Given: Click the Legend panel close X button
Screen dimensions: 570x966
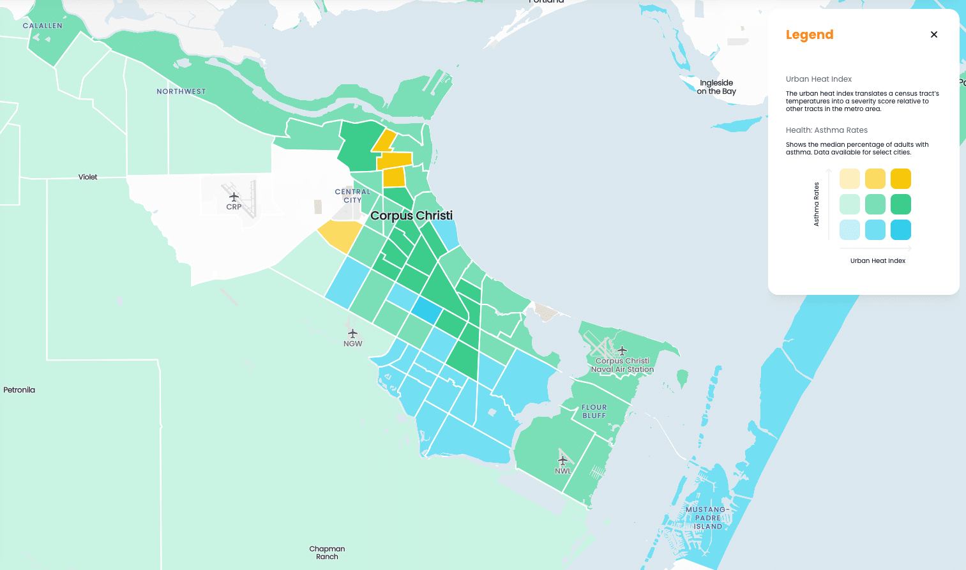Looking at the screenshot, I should [x=934, y=34].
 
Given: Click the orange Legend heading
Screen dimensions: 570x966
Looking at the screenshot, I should [x=809, y=35].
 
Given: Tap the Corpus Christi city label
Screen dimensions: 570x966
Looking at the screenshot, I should [x=411, y=216].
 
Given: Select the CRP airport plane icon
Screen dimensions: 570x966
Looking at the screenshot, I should [x=234, y=197].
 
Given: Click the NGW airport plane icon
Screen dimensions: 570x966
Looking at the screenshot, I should [x=352, y=334].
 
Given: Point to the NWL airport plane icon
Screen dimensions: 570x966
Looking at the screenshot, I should [x=562, y=460].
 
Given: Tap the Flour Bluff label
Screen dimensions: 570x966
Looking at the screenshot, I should [x=594, y=411].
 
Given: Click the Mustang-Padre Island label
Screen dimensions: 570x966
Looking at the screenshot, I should [x=707, y=518].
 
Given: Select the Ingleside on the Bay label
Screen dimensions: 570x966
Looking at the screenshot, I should [x=716, y=87].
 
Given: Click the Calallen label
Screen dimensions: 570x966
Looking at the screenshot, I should [x=43, y=26].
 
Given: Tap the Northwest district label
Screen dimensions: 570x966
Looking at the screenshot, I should [x=181, y=91].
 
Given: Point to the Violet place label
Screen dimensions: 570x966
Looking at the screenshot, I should [x=88, y=177].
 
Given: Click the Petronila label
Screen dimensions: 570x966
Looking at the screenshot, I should [x=19, y=390].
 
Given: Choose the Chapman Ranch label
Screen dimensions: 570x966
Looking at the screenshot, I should [x=327, y=553].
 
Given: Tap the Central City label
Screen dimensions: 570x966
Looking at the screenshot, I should [x=352, y=196].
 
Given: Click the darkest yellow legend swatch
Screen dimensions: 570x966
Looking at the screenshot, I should [x=901, y=179].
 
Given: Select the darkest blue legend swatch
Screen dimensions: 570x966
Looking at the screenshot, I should [x=901, y=230].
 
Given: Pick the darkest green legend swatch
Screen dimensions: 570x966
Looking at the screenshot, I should [x=901, y=204].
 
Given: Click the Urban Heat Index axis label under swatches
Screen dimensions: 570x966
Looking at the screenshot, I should [x=877, y=260].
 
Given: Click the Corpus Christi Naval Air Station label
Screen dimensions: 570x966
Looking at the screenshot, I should [x=623, y=365].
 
